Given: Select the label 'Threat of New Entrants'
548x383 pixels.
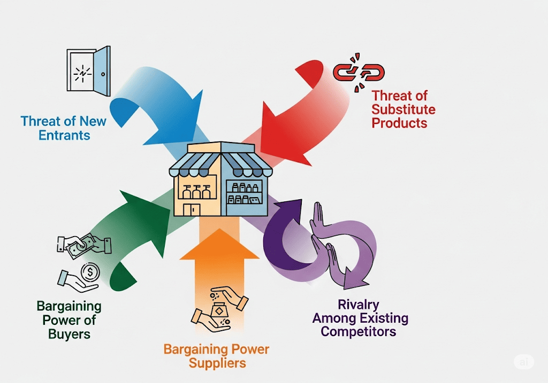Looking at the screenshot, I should [64, 128].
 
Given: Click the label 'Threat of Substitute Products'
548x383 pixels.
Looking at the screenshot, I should [404, 110].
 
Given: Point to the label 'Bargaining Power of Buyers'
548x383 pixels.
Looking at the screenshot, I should [69, 321].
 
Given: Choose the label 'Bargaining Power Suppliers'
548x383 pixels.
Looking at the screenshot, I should [216, 356].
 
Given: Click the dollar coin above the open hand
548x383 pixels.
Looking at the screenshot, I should [90, 272].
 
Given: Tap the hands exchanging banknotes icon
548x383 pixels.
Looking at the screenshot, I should [84, 244].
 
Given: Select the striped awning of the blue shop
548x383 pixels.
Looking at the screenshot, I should [247, 160].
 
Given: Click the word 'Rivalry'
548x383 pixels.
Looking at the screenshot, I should [358, 305].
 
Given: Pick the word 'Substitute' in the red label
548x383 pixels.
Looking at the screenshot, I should [404, 110].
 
